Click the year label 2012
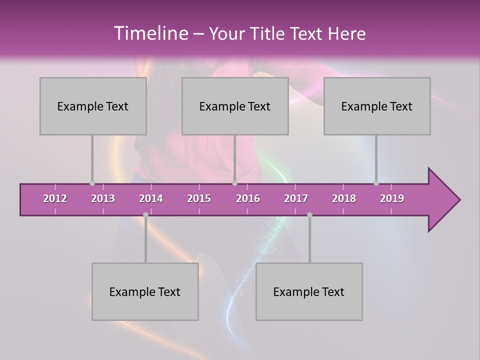[55, 198]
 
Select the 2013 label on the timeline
[103, 198]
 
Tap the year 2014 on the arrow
[151, 198]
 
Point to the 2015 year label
[199, 198]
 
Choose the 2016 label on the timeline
[248, 198]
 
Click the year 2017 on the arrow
[296, 198]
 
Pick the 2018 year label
[344, 198]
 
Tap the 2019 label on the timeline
[392, 198]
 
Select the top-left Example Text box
[93, 106]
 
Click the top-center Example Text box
[235, 106]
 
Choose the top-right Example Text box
[377, 106]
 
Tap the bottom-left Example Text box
[145, 292]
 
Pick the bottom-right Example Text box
[309, 292]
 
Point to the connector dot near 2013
[92, 183]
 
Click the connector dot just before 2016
[234, 183]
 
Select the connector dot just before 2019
[376, 183]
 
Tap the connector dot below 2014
[145, 215]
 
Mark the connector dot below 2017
[309, 215]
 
